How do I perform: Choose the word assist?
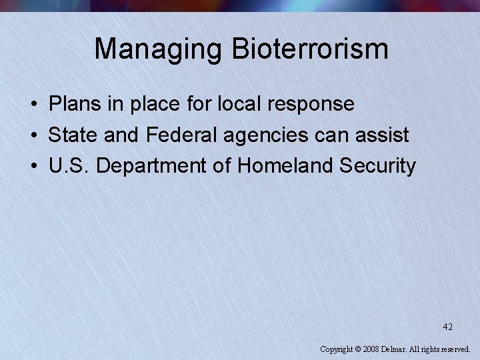[x=382, y=135]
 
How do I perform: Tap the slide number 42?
[x=447, y=327]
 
